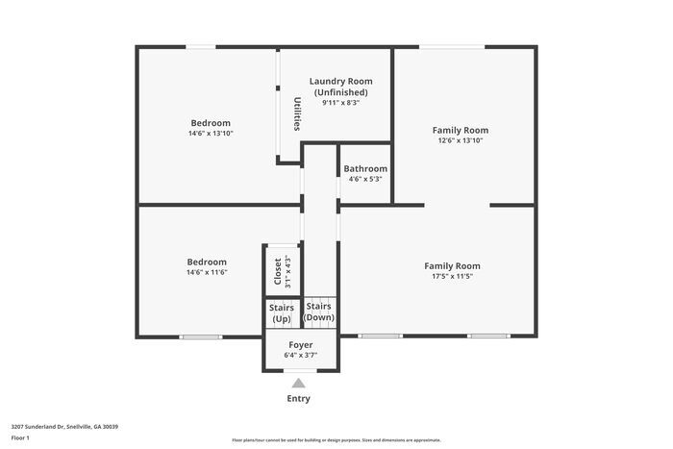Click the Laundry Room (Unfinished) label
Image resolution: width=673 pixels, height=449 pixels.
coord(340,87)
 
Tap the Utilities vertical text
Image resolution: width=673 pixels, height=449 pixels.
coord(297,113)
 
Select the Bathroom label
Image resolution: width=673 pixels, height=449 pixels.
coord(365,168)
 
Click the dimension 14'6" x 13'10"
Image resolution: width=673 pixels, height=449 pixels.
coord(211,134)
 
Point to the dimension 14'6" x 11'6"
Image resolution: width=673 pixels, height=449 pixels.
coord(207,273)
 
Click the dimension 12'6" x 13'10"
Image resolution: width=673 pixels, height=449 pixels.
coord(460,140)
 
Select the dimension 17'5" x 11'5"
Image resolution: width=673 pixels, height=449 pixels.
coord(452,276)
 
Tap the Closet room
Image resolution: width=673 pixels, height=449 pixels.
coord(279,270)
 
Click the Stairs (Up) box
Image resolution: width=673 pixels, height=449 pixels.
coord(281,313)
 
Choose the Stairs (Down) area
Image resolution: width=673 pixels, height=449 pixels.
coord(319,312)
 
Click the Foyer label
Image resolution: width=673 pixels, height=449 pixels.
coord(300,344)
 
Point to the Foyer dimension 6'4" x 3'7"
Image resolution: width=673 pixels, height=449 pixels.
coord(300,356)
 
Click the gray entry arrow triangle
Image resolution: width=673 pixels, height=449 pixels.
coord(298,383)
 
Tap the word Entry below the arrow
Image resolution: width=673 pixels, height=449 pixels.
coord(298,399)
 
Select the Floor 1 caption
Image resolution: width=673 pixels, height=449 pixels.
coord(21,438)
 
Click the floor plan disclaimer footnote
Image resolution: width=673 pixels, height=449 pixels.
coord(336,439)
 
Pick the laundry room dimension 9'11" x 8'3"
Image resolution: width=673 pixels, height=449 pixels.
coord(340,103)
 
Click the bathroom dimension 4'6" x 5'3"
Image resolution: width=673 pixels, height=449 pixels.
coord(365,179)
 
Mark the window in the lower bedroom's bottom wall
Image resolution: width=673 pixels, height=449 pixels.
coord(201,337)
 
